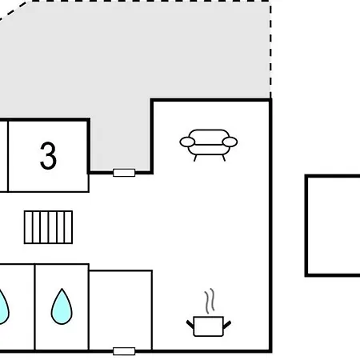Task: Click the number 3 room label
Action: [48, 156]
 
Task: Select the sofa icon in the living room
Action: [209, 145]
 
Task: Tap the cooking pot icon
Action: [209, 326]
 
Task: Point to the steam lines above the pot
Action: [210, 301]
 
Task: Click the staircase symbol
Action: [48, 227]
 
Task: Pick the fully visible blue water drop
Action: [62, 306]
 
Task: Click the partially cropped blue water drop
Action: [3, 307]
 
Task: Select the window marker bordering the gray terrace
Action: [124, 173]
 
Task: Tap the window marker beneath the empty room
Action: [124, 351]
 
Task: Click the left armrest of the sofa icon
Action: [187, 142]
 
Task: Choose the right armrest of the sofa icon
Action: [230, 142]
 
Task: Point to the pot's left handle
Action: [190, 324]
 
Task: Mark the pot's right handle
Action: [227, 324]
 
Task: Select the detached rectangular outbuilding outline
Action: [306, 226]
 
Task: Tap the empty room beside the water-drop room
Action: [121, 310]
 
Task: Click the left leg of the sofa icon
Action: [195, 158]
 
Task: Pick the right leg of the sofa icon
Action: [224, 158]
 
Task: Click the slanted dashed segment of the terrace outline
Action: [14, 10]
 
